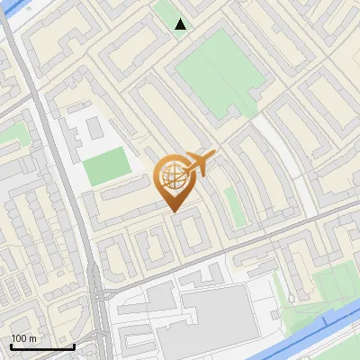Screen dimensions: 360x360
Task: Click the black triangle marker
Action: tap(181, 24)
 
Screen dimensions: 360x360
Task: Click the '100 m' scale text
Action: tap(23, 338)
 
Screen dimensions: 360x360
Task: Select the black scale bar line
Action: tap(42, 346)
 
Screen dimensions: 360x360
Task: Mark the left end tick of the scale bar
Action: tap(11, 346)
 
